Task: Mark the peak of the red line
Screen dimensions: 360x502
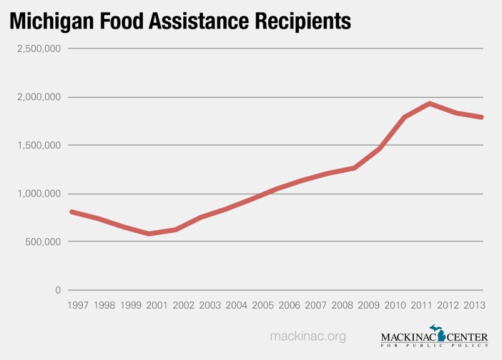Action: [x=430, y=103]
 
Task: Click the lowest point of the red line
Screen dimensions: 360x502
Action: [x=149, y=234]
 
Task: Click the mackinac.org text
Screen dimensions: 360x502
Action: [x=307, y=337]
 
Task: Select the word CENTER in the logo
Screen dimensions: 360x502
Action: [x=465, y=338]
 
